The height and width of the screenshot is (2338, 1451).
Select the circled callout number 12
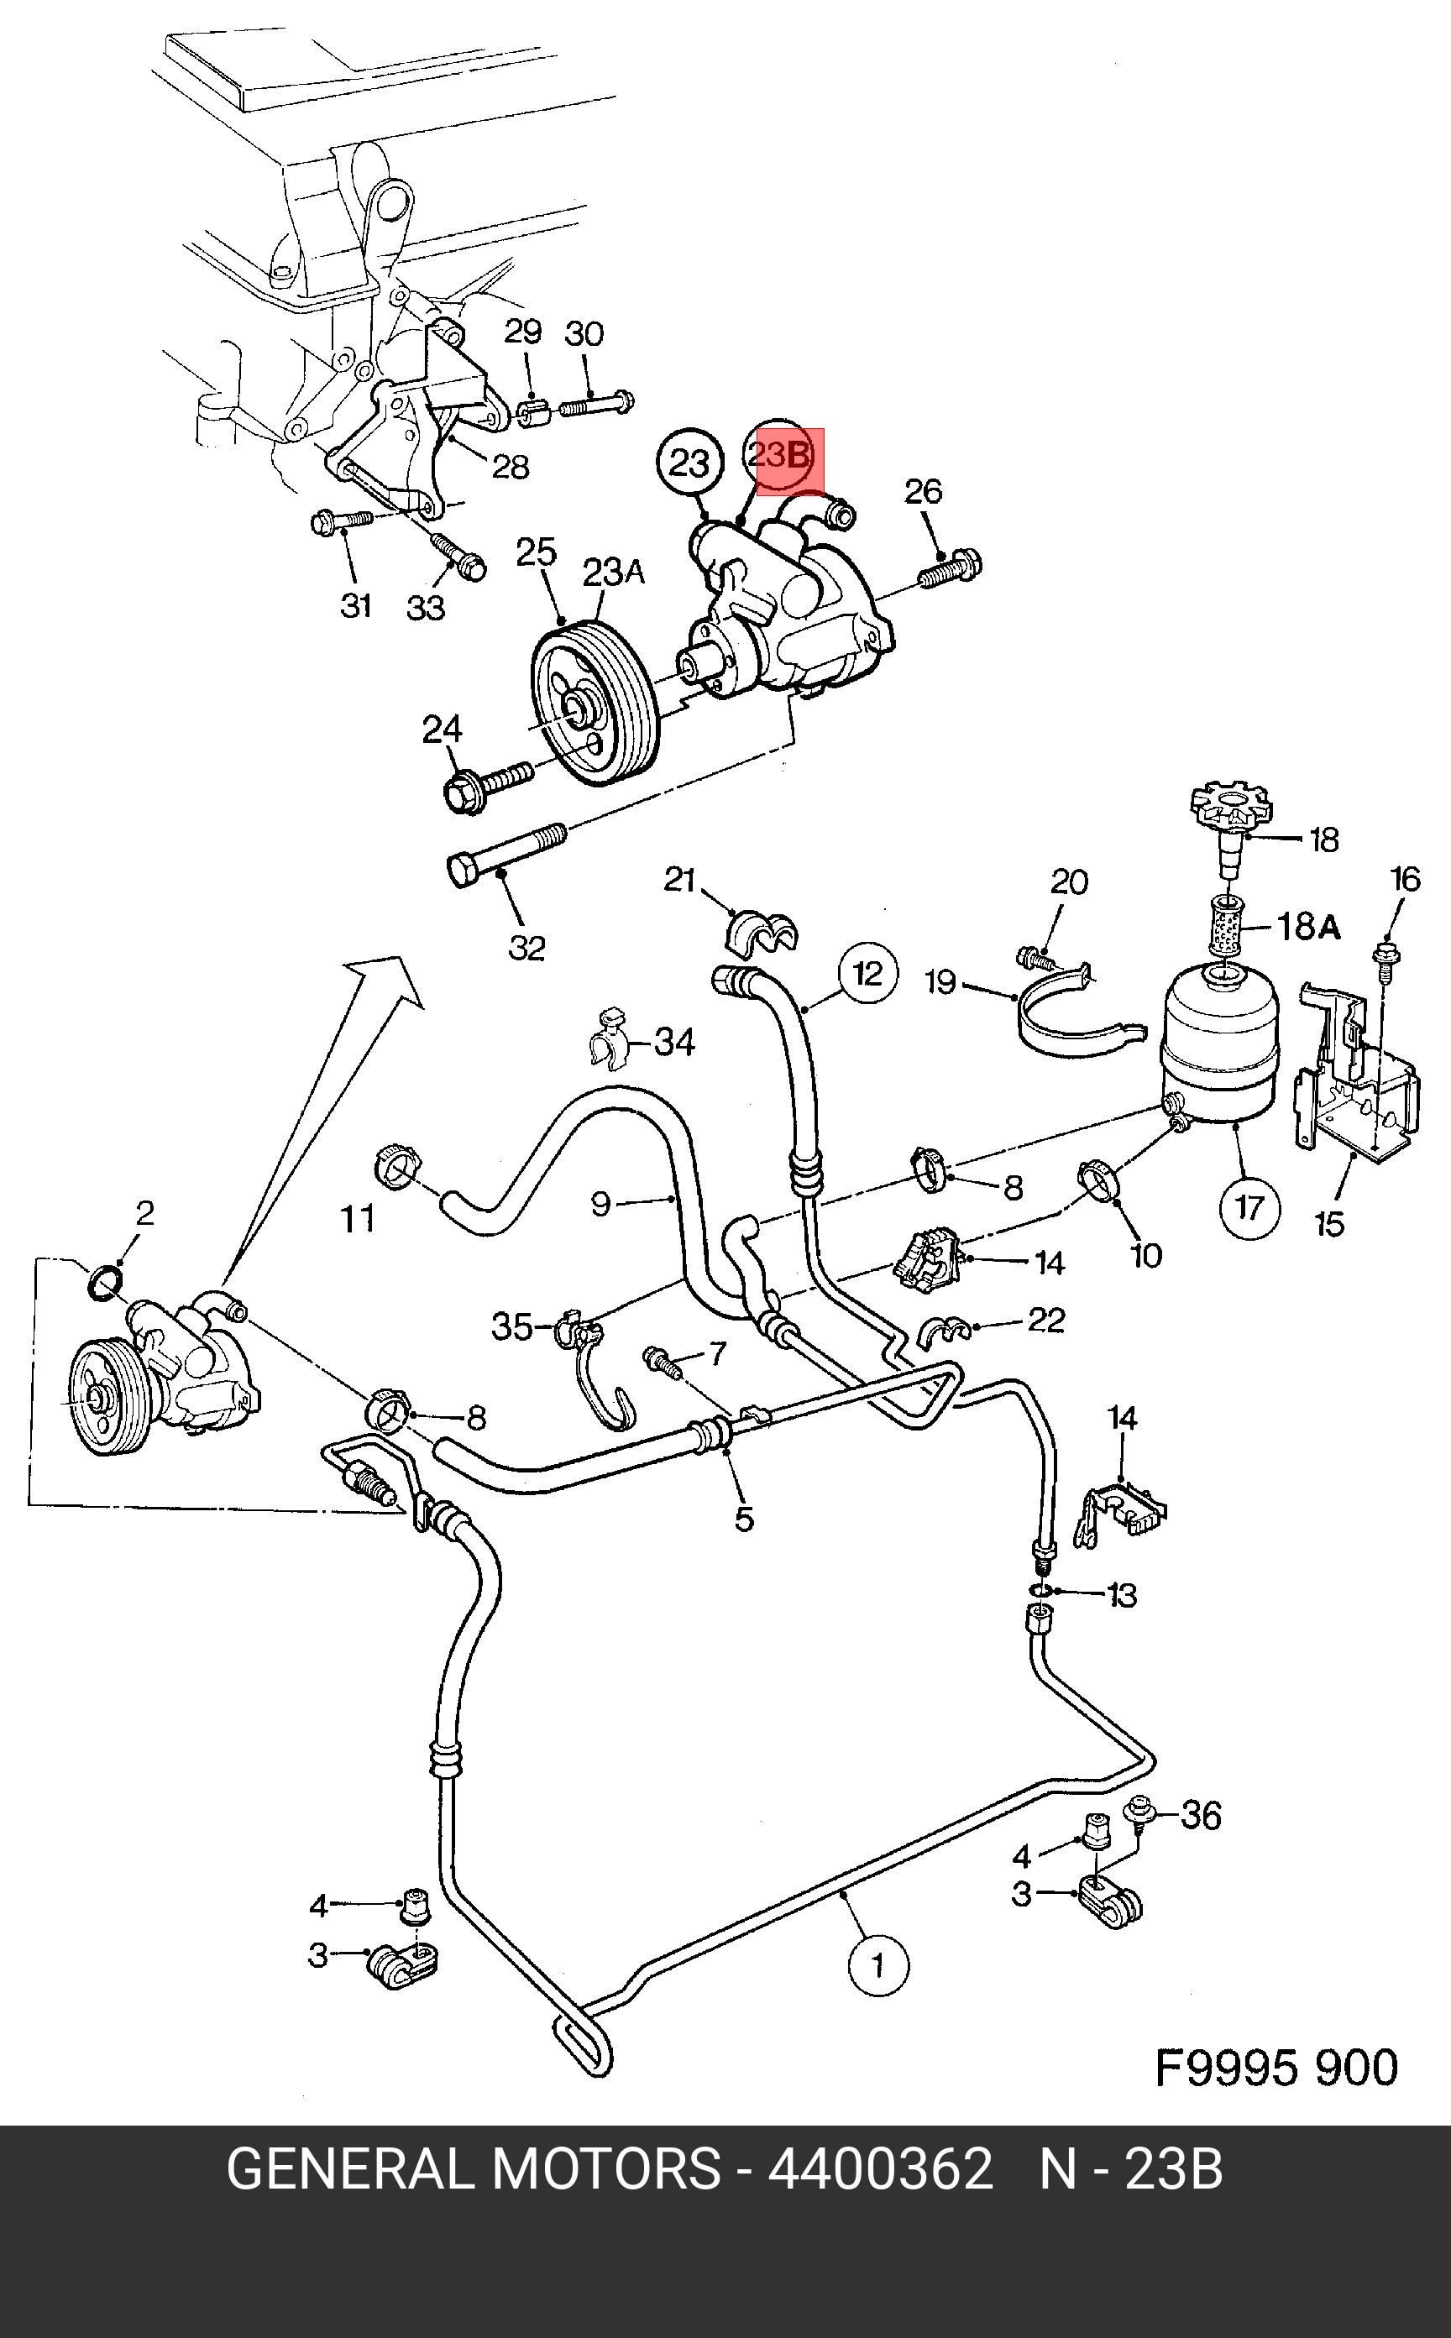tap(867, 974)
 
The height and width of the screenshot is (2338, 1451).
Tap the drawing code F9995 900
tap(1276, 2068)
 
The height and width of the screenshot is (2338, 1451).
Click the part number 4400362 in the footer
tap(880, 2169)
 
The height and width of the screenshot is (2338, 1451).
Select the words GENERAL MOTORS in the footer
tap(473, 2169)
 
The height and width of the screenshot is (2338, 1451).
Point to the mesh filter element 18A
tap(1228, 926)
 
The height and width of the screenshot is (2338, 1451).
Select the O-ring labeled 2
tap(106, 1282)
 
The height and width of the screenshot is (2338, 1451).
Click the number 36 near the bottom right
tap(1200, 1815)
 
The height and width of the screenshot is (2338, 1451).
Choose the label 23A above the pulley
tap(612, 573)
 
